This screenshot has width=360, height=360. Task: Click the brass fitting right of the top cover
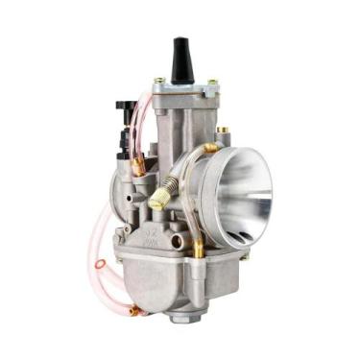[x=222, y=130]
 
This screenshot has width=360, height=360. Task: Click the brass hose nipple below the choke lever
[x=138, y=166]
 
